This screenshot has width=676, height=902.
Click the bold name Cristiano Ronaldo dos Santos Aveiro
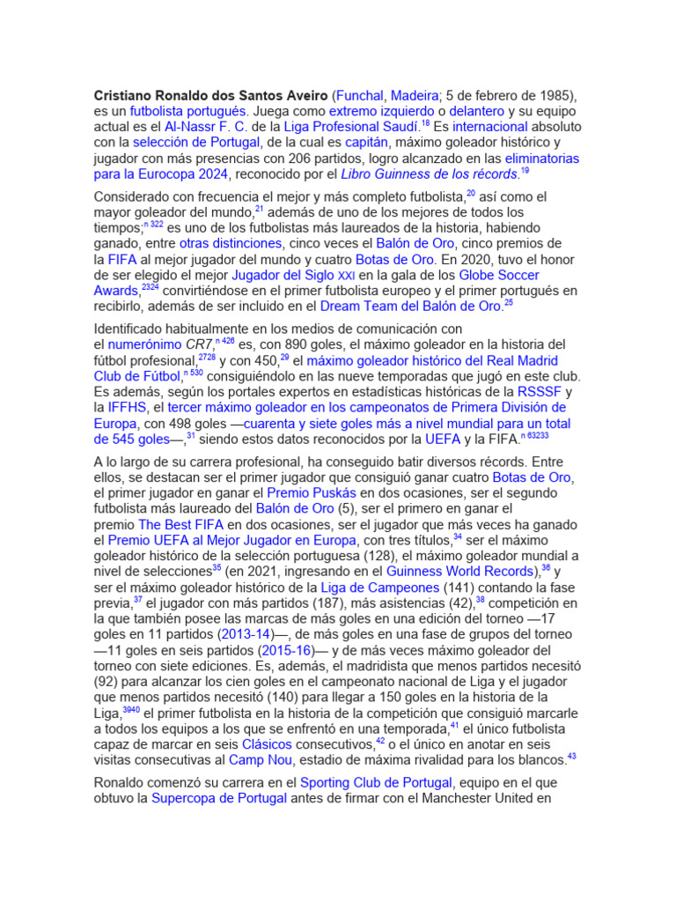coord(211,95)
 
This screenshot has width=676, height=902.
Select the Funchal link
coord(361,95)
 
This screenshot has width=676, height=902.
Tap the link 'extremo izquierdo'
coord(382,111)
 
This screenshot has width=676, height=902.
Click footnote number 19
coord(525,171)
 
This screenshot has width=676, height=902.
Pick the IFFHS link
coord(127,408)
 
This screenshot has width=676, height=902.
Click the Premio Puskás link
coord(311,493)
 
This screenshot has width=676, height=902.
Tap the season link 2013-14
coord(244,634)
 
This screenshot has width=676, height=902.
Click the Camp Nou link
coord(261,760)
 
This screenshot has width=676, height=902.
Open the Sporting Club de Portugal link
coord(376,782)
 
